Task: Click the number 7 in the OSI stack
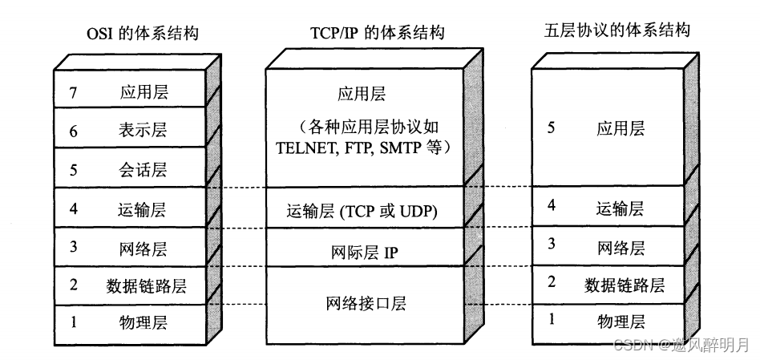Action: [73, 93]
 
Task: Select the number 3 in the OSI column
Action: [73, 247]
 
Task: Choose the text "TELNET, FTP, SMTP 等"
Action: [366, 148]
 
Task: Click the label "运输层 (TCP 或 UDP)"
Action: [366, 212]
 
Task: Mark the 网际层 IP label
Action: [366, 253]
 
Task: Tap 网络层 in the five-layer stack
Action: [621, 247]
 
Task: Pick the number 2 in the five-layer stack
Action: [550, 282]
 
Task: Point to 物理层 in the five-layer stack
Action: [621, 322]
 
